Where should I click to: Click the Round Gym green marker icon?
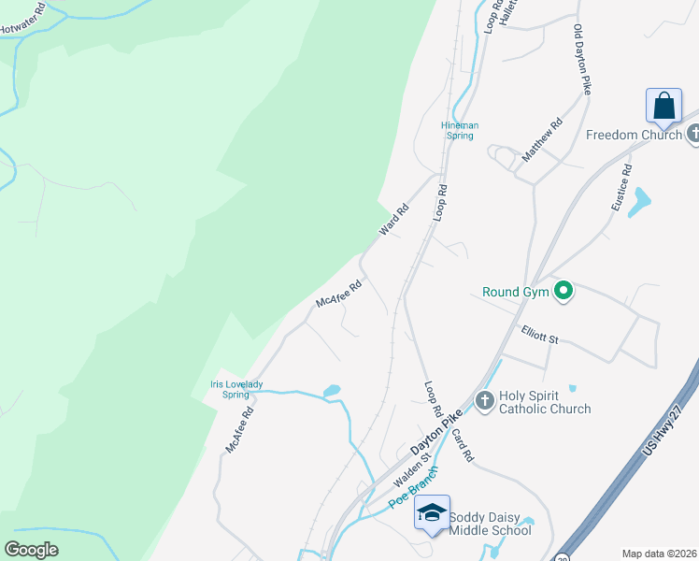coord(563,292)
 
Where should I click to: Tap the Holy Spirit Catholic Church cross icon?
coord(484,401)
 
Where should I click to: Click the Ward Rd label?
coord(394,219)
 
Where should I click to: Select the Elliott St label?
coord(540,334)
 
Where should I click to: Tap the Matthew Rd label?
coord(542,138)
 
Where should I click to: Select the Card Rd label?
coord(464,445)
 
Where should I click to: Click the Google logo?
coord(31,550)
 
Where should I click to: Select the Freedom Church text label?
coord(634,135)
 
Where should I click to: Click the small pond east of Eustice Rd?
coord(639,201)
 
